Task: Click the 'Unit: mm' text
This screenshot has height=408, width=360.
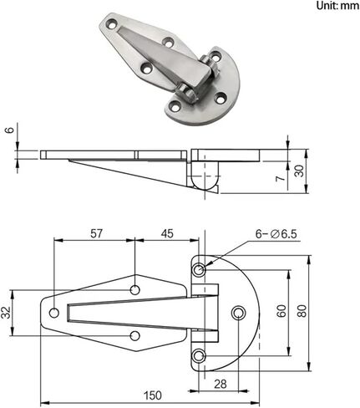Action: tap(337, 6)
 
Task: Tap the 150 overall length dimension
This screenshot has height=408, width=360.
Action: tap(152, 395)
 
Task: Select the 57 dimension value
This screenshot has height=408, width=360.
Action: tap(97, 233)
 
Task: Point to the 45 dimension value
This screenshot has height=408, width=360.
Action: tap(167, 233)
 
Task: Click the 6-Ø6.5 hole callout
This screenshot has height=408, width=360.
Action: tap(276, 234)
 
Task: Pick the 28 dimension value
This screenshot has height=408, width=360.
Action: tap(221, 385)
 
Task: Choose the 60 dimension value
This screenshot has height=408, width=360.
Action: tap(281, 311)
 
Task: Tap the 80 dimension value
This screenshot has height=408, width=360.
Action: tap(302, 311)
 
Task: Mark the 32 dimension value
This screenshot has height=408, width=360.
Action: tap(6, 313)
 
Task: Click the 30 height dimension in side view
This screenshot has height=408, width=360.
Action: tap(299, 171)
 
